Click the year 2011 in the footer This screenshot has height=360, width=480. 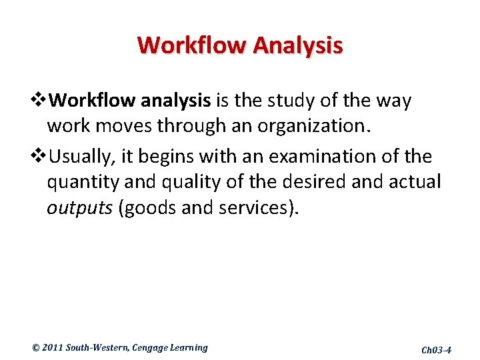52,347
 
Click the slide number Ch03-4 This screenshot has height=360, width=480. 437,349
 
